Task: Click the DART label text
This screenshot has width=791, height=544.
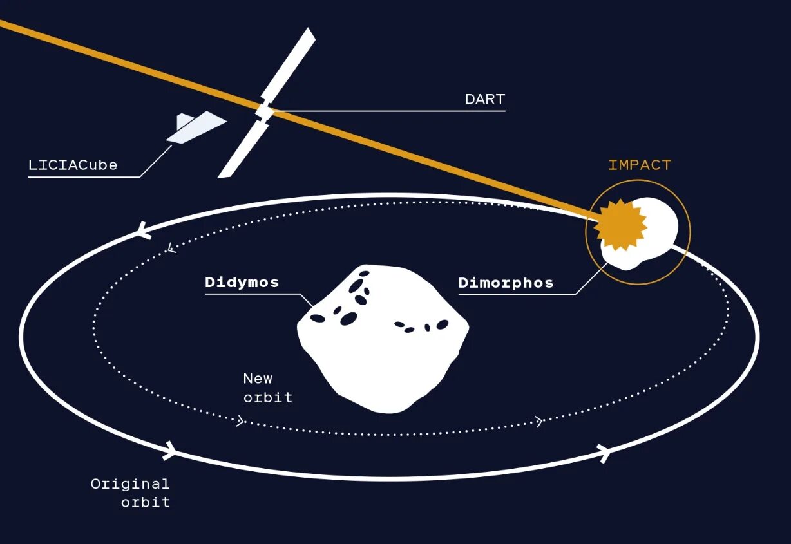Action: pos(484,100)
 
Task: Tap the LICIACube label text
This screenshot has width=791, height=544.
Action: pos(73,165)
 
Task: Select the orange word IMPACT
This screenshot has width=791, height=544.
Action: pos(640,165)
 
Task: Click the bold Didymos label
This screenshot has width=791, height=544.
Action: pos(242,283)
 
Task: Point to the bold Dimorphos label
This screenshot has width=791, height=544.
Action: pos(506,283)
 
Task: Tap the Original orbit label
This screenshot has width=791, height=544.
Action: pos(130,492)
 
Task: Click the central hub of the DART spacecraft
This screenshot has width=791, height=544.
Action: pos(264,111)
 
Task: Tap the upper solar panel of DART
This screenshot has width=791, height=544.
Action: pos(290,64)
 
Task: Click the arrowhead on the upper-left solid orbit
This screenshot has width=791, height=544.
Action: pos(144,230)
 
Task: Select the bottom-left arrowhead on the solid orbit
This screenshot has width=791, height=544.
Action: pos(169,449)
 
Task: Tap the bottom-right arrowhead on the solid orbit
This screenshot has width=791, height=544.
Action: pos(604,453)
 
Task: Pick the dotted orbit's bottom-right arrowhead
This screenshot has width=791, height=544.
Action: pos(538,422)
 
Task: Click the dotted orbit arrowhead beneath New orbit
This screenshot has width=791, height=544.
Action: pos(241,422)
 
